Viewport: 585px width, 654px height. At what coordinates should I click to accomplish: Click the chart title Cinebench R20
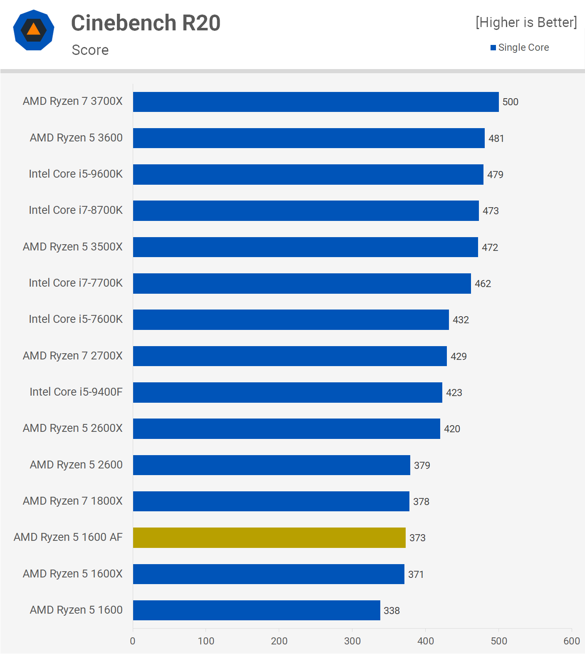(x=146, y=23)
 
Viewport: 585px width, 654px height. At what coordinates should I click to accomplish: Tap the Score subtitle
(x=90, y=50)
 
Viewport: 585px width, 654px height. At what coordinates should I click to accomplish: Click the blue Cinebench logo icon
(x=34, y=30)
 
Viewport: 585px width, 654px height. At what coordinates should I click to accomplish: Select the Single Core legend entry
(x=520, y=47)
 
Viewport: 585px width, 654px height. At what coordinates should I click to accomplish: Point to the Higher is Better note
(x=526, y=22)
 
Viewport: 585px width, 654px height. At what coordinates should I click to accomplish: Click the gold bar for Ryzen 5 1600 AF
(x=269, y=538)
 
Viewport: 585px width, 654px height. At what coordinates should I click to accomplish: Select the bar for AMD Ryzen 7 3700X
(x=316, y=102)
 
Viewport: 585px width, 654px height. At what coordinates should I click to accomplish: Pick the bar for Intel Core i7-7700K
(x=302, y=283)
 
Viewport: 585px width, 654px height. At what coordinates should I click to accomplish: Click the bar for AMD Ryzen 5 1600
(x=257, y=610)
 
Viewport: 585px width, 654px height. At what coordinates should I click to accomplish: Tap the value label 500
(x=511, y=102)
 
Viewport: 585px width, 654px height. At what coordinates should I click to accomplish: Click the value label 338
(x=392, y=611)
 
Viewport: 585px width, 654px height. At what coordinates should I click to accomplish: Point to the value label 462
(x=483, y=284)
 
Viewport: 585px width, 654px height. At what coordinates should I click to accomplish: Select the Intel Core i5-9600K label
(x=76, y=174)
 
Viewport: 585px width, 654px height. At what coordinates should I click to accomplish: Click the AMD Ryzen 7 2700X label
(x=73, y=356)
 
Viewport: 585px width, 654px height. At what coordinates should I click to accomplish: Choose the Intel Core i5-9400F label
(x=76, y=392)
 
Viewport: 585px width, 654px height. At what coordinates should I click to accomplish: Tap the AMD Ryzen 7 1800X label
(x=73, y=501)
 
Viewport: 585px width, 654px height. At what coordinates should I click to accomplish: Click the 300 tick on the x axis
(x=352, y=641)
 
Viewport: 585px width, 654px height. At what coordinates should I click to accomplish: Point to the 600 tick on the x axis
(x=572, y=641)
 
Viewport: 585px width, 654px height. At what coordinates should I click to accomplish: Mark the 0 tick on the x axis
(x=133, y=641)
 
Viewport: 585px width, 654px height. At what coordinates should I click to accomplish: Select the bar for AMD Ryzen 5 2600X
(x=287, y=429)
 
